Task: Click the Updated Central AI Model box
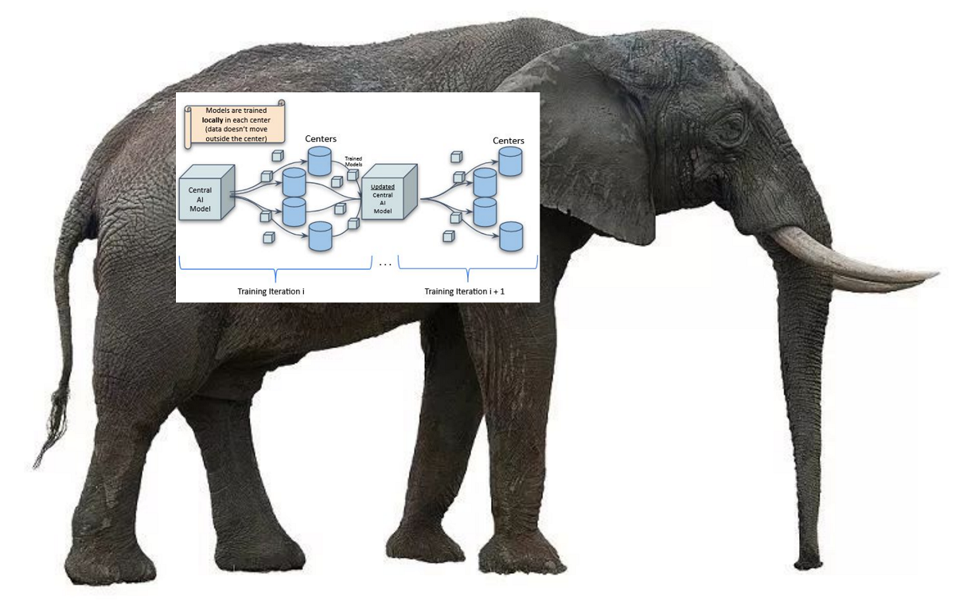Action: [387, 194]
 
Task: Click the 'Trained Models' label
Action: [353, 161]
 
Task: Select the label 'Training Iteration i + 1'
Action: [464, 291]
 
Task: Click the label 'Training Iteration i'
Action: [271, 291]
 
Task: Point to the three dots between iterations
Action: [385, 264]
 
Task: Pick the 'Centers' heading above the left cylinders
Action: [321, 139]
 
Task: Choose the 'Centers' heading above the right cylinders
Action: [509, 141]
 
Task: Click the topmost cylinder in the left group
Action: [319, 161]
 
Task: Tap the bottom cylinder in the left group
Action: [319, 236]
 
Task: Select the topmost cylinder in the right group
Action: [509, 162]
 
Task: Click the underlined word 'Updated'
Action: [383, 187]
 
